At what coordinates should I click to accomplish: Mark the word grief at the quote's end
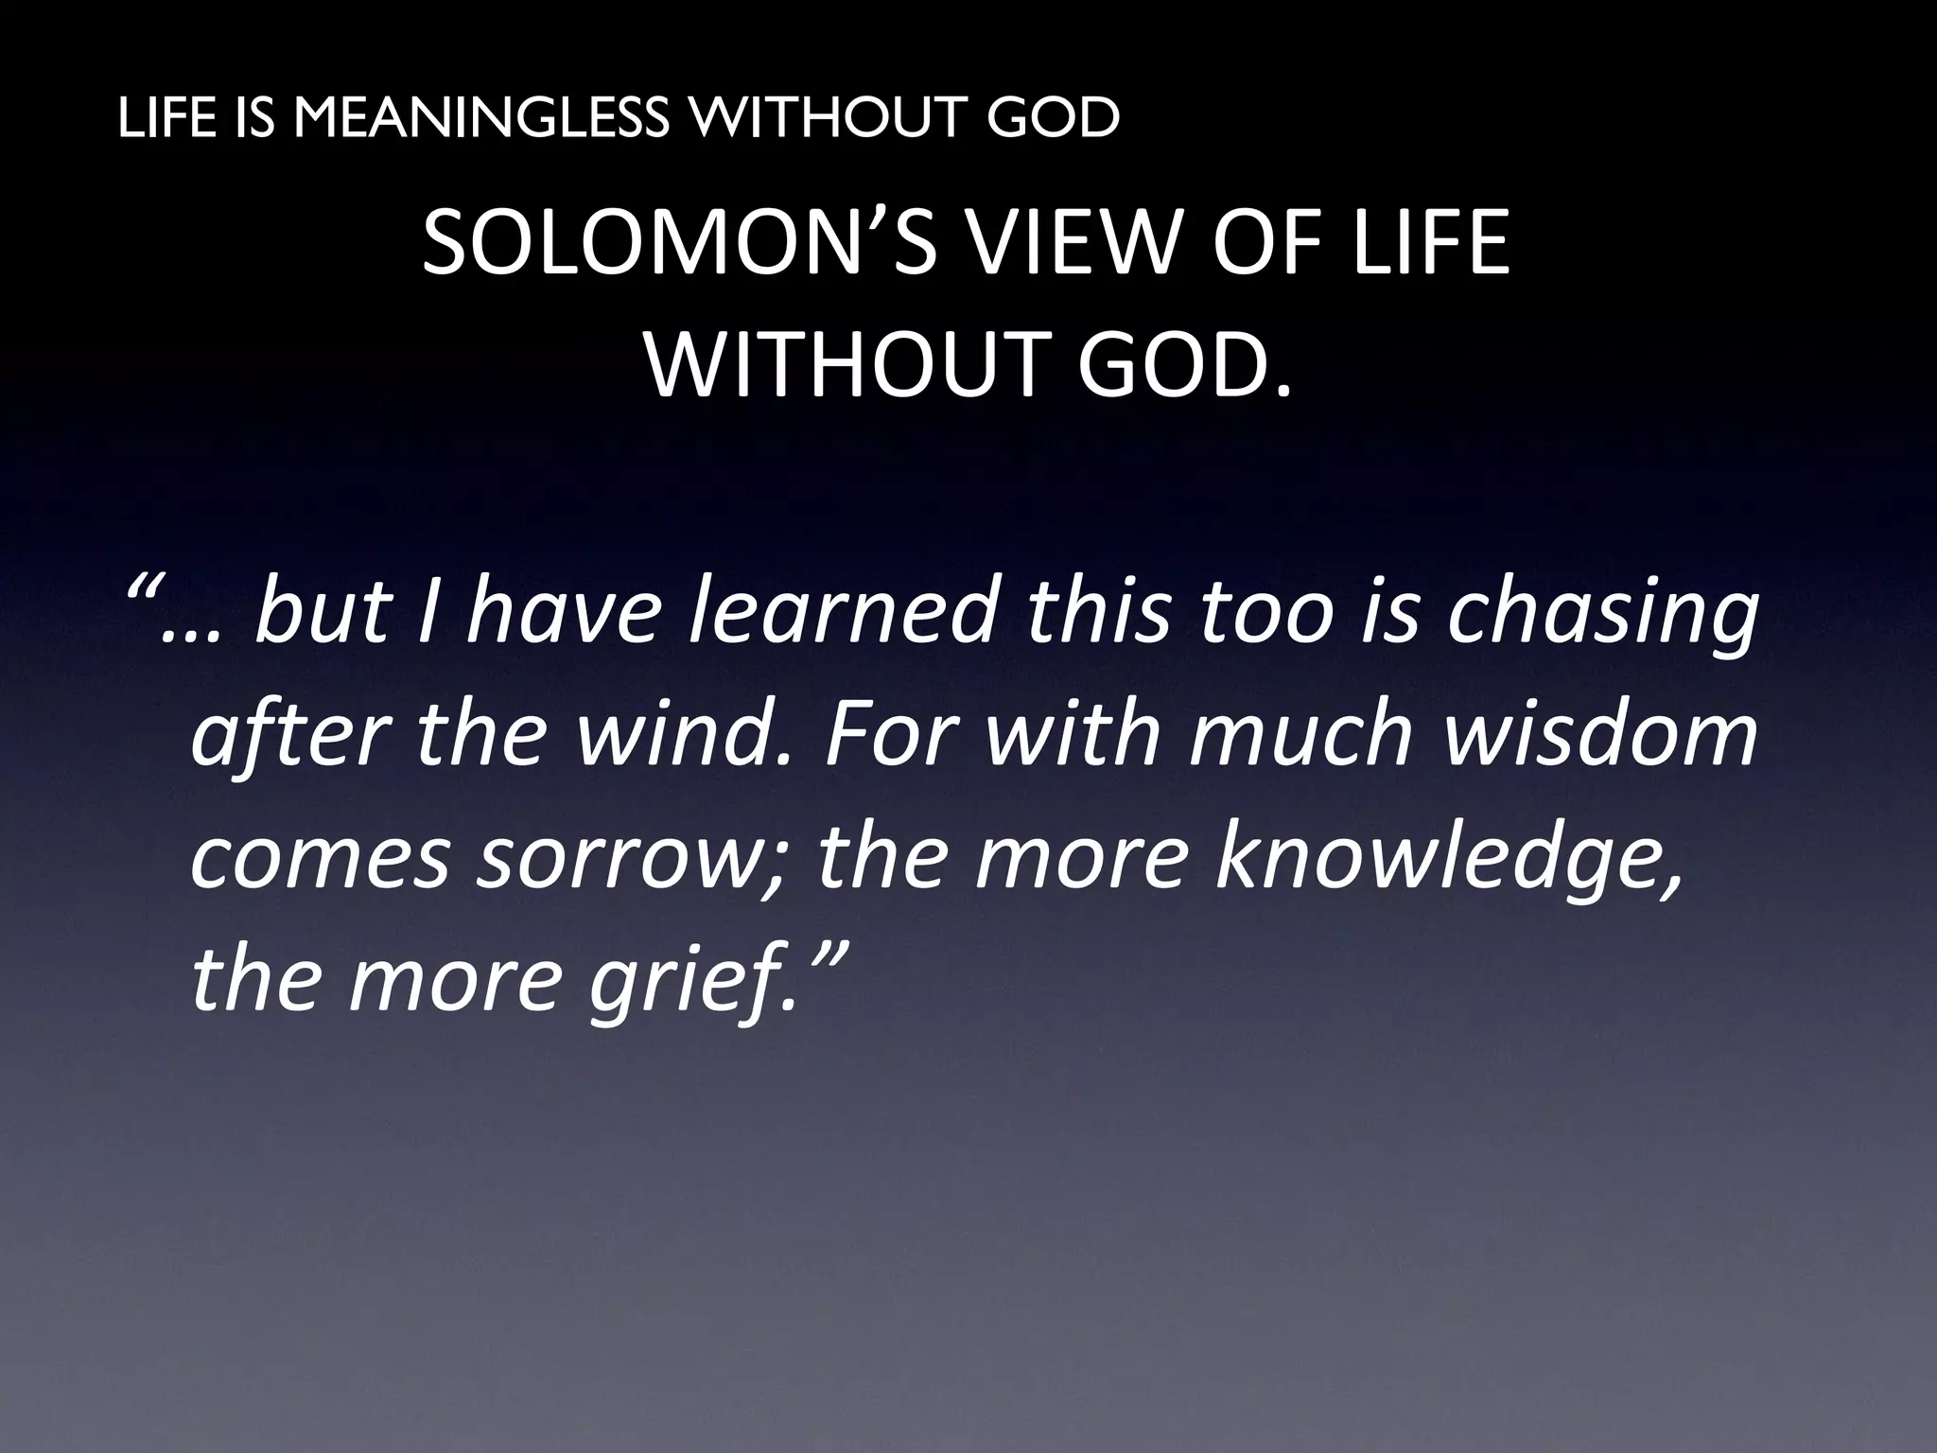point(686,984)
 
